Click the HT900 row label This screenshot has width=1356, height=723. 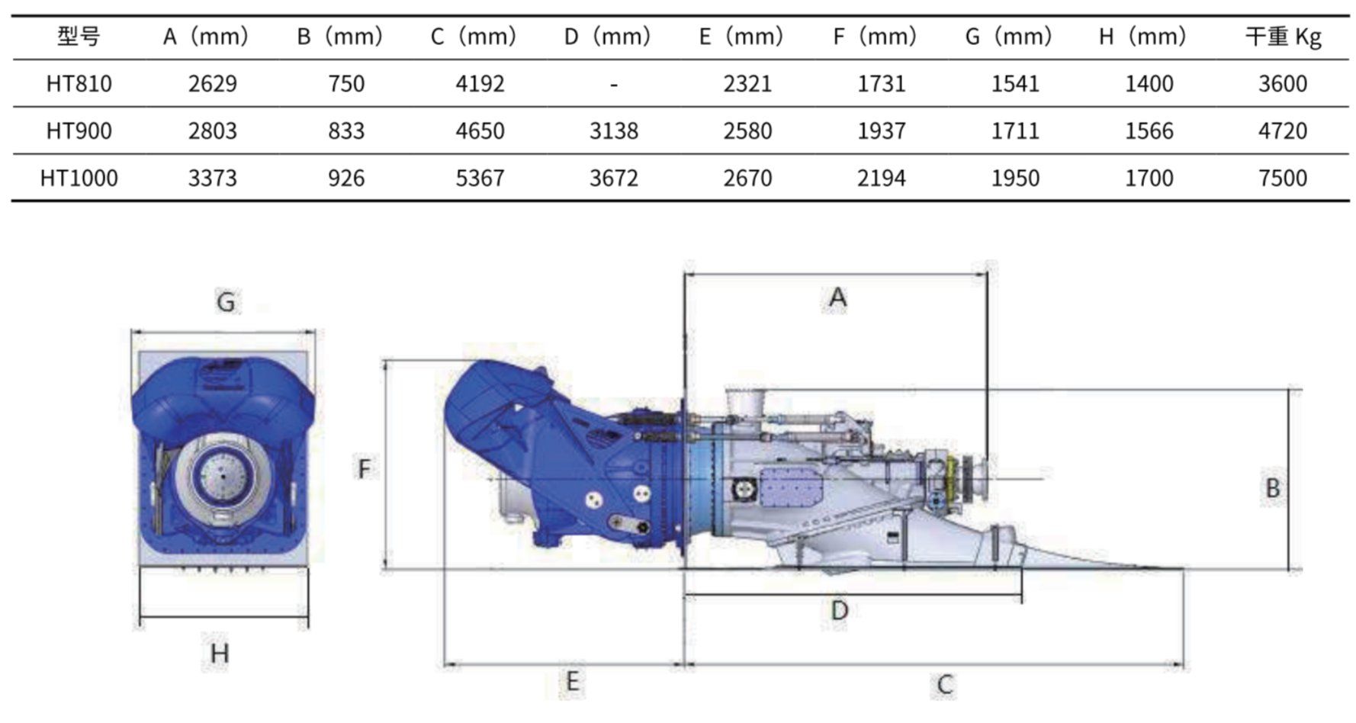click(79, 130)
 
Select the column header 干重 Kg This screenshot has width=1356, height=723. click(1283, 37)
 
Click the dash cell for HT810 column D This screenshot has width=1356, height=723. click(614, 84)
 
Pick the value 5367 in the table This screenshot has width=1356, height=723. click(480, 178)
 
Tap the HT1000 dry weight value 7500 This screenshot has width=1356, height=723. click(1283, 178)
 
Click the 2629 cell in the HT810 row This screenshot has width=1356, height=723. click(213, 83)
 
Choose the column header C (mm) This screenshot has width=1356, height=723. click(474, 37)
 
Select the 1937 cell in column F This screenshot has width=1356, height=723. click(882, 130)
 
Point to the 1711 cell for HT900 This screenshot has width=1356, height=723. click(1015, 130)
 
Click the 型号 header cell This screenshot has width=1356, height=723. click(79, 36)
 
